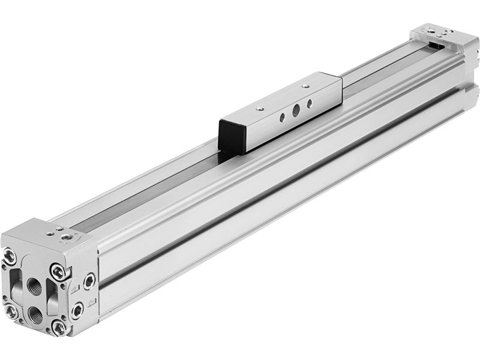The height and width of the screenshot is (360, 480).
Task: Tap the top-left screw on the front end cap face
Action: [x=10, y=257]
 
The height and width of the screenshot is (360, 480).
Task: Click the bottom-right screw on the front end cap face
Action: [x=58, y=328]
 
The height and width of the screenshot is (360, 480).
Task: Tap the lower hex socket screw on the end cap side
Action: [x=77, y=310]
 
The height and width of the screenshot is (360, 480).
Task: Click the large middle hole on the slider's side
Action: [x=295, y=110]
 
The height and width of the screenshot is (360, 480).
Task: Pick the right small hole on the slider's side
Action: [x=310, y=103]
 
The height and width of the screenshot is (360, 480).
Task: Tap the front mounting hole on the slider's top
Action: [x=259, y=109]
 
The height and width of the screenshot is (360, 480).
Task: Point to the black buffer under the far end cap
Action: [x=440, y=44]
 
